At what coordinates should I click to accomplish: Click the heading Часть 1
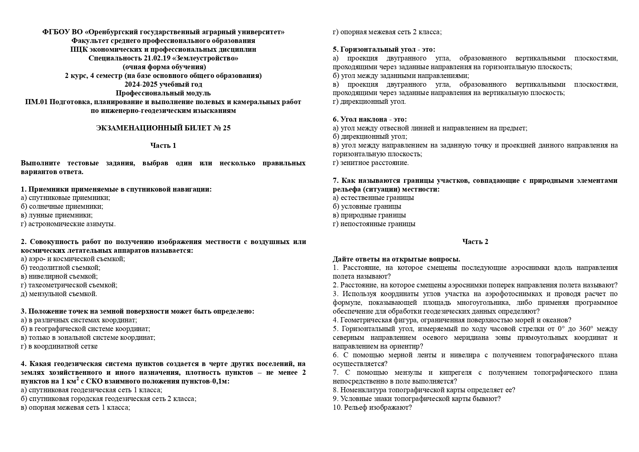pyautogui.click(x=163, y=146)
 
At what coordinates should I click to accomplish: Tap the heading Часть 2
pyautogui.click(x=475, y=242)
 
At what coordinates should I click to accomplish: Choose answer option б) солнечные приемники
pyautogui.click(x=62, y=207)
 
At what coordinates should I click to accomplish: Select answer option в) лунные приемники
pyautogui.click(x=57, y=215)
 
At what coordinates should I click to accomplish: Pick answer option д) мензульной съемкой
pyautogui.click(x=59, y=294)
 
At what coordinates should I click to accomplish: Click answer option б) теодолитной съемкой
pyautogui.click(x=60, y=268)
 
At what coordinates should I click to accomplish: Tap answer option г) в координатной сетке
pyautogui.click(x=59, y=346)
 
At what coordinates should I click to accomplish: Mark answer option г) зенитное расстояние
pyautogui.click(x=371, y=163)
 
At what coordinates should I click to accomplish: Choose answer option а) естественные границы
pyautogui.click(x=373, y=198)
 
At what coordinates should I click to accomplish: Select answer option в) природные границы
pyautogui.click(x=369, y=215)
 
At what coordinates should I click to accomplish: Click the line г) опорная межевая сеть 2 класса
pyautogui.click(x=387, y=32)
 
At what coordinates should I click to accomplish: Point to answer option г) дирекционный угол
pyautogui.click(x=369, y=102)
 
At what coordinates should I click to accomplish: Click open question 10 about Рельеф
pyautogui.click(x=372, y=408)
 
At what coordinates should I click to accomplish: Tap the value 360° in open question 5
pyautogui.click(x=585, y=329)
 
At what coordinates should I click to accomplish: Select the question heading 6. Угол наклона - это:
pyautogui.click(x=370, y=119)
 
